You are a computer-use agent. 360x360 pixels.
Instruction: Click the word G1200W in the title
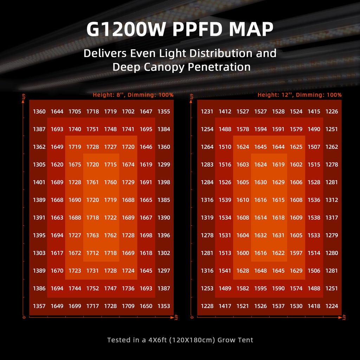pos(126,30)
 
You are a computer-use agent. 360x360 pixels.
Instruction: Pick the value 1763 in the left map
pos(92,235)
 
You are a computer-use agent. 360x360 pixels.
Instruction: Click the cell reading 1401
pos(39,182)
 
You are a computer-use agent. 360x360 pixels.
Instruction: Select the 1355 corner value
pos(164,111)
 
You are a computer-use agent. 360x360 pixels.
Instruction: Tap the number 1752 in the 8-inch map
pos(92,288)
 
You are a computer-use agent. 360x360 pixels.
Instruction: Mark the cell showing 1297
pos(164,271)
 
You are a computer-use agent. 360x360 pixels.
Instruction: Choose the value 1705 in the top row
pos(75,111)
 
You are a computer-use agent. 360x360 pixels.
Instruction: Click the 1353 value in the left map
pos(164,306)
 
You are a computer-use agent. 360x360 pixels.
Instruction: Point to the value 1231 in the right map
pos(207,111)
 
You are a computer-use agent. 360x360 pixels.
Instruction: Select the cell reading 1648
pos(261,271)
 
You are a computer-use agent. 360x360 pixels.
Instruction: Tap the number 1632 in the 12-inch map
pos(261,235)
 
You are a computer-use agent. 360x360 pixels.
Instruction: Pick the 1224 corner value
pos(332,306)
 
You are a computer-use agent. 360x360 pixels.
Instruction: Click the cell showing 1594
pos(261,129)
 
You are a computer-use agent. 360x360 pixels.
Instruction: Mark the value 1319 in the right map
pos(207,218)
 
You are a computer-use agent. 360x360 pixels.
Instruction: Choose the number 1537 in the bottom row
pos(278,306)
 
